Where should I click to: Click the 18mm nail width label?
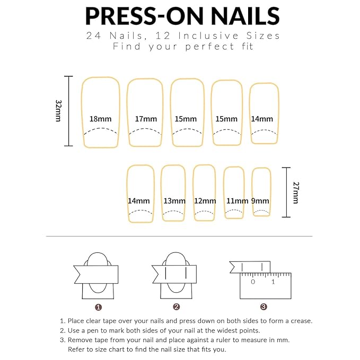click(100, 119)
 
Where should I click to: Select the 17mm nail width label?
click(145, 119)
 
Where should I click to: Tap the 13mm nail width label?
click(174, 201)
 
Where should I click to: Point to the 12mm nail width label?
click(205, 201)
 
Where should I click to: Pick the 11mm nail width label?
click(237, 201)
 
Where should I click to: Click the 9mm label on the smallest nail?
click(260, 201)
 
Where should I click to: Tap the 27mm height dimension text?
click(295, 193)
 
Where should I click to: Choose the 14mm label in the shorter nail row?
click(138, 201)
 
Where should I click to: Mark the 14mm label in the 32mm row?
click(262, 119)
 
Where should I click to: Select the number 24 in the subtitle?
click(93, 36)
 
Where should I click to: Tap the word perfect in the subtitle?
click(203, 47)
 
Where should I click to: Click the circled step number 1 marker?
click(99, 306)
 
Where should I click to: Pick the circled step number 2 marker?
click(176, 306)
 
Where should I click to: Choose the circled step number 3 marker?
click(264, 306)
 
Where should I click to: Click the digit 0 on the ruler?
click(253, 282)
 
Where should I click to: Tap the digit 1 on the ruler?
click(274, 282)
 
